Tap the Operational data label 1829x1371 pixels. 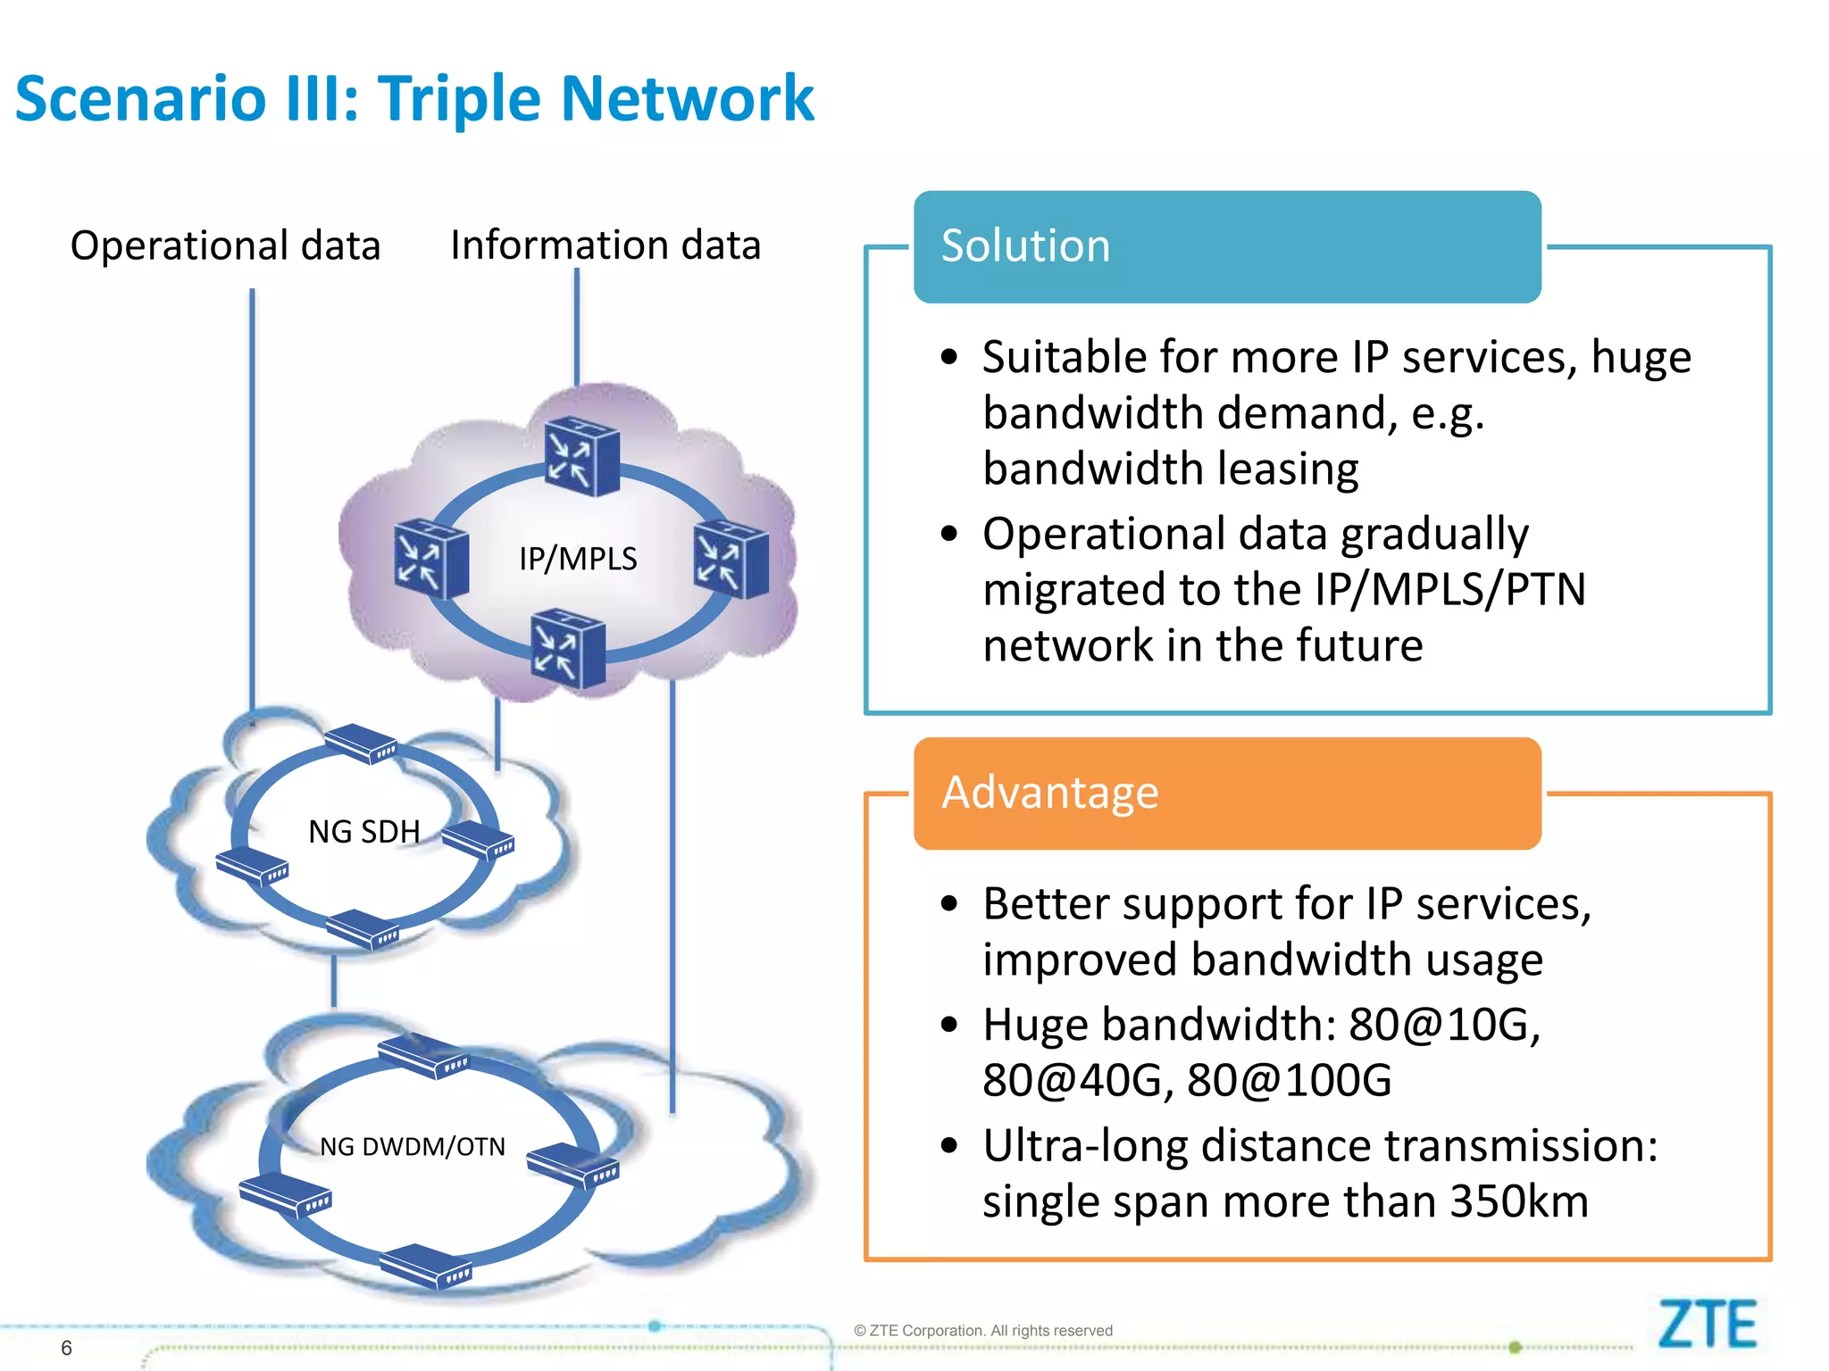[225, 245]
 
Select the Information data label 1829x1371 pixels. [605, 245]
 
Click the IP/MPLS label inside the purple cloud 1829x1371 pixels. [578, 559]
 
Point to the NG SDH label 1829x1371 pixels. [363, 832]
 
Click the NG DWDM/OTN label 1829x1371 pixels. [413, 1146]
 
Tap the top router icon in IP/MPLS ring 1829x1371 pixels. [581, 456]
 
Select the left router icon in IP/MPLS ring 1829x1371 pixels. [430, 558]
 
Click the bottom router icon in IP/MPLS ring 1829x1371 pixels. [568, 648]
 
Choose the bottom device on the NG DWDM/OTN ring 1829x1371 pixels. [425, 1267]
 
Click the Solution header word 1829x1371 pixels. [1025, 245]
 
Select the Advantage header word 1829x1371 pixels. [1049, 793]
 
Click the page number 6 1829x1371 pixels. [66, 1348]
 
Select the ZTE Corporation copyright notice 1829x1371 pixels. [983, 1331]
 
